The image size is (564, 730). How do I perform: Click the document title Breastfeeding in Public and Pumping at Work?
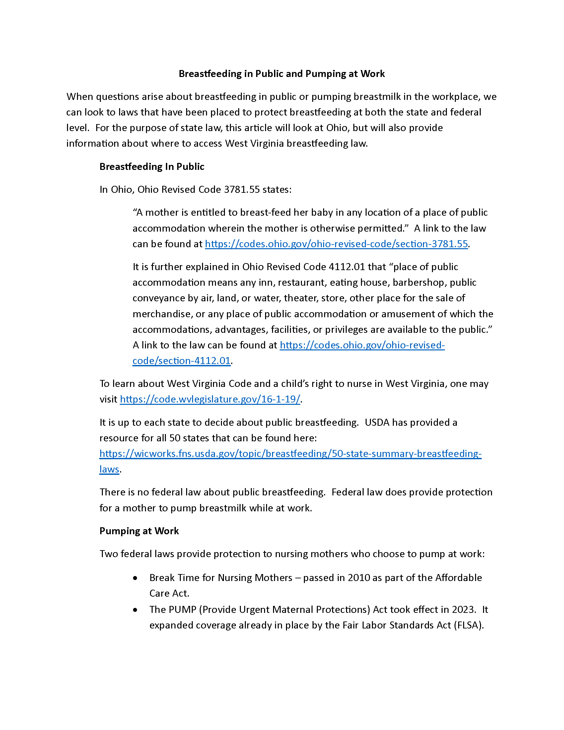pyautogui.click(x=282, y=74)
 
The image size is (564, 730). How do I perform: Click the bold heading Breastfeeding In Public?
pyautogui.click(x=152, y=167)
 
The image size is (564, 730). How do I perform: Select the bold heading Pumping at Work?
pyautogui.click(x=139, y=531)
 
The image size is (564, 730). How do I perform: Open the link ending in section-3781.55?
pyautogui.click(x=336, y=244)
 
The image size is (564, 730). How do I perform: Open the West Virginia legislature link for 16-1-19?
pyautogui.click(x=210, y=399)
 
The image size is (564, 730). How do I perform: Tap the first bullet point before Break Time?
pyautogui.click(x=135, y=578)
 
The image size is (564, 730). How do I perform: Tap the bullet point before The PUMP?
pyautogui.click(x=135, y=610)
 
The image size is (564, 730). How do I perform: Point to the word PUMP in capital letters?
pyautogui.click(x=182, y=609)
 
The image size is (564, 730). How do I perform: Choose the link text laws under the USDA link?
pyautogui.click(x=109, y=469)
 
